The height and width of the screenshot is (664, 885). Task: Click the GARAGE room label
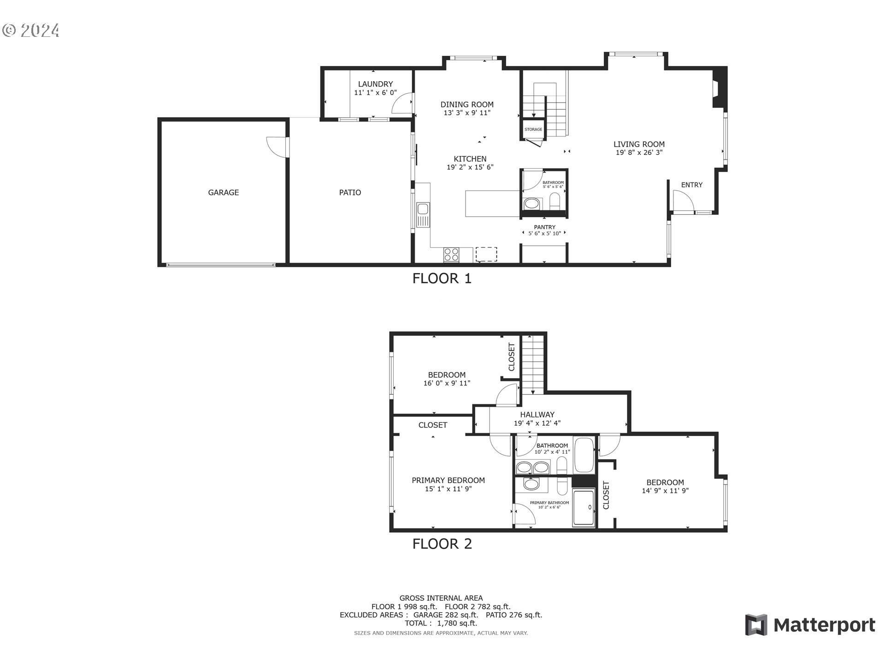pyautogui.click(x=223, y=193)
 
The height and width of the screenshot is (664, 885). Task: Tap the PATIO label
pyautogui.click(x=350, y=193)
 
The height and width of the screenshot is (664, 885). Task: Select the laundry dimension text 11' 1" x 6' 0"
pyautogui.click(x=375, y=93)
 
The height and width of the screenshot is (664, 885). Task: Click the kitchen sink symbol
pyautogui.click(x=423, y=215)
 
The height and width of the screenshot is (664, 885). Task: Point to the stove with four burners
pyautogui.click(x=451, y=255)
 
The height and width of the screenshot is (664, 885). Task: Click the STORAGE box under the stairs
pyautogui.click(x=533, y=130)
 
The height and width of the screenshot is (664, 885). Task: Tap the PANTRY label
pyautogui.click(x=544, y=227)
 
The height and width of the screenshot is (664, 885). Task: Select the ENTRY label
pyautogui.click(x=691, y=185)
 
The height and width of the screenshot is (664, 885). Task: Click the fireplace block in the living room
pyautogui.click(x=719, y=88)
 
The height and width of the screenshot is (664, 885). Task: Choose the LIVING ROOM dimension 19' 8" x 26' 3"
pyautogui.click(x=639, y=153)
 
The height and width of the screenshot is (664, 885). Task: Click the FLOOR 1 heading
pyautogui.click(x=442, y=279)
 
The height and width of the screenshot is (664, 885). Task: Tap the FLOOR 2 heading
pyautogui.click(x=442, y=544)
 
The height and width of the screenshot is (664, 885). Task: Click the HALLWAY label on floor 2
pyautogui.click(x=537, y=415)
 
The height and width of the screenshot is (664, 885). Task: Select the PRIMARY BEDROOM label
pyautogui.click(x=448, y=480)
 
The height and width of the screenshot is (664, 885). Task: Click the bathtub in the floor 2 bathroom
pyautogui.click(x=584, y=456)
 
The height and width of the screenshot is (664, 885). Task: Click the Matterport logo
pyautogui.click(x=810, y=625)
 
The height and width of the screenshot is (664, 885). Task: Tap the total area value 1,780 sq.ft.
pyautogui.click(x=457, y=623)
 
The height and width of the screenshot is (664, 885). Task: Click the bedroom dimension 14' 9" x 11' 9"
pyautogui.click(x=665, y=491)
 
